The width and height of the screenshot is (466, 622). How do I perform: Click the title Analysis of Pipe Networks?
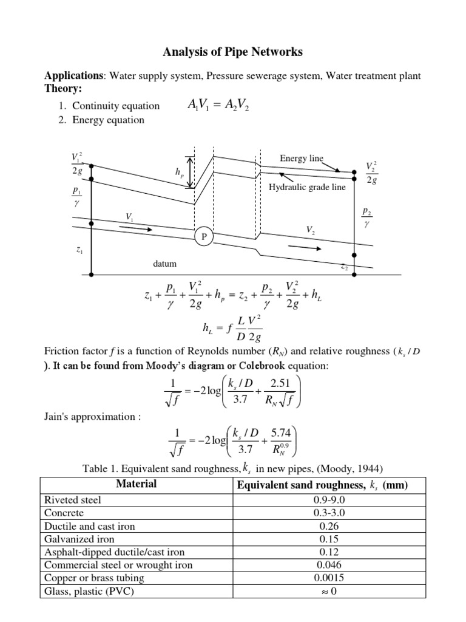click(x=232, y=52)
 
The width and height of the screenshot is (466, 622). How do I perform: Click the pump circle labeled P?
click(x=203, y=236)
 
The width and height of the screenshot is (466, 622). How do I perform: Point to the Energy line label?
click(x=301, y=159)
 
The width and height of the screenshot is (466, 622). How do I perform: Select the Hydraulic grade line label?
click(x=307, y=187)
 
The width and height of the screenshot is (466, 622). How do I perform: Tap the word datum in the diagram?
click(x=166, y=264)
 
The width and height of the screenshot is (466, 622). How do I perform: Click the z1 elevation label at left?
click(x=80, y=250)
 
